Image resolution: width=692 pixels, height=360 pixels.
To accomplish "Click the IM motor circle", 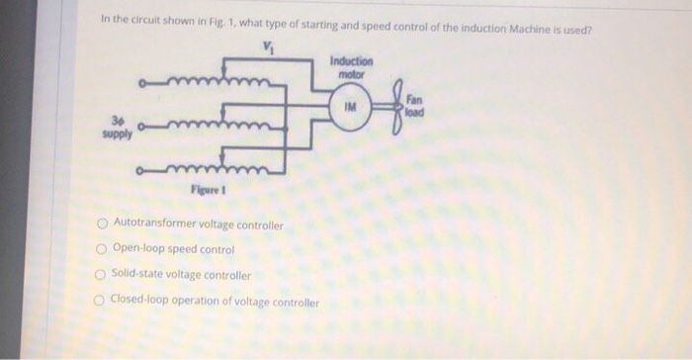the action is click(349, 106).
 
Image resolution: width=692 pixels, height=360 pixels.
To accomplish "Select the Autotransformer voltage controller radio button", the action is click(102, 225).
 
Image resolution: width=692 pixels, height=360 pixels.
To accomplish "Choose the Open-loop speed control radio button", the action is click(101, 249).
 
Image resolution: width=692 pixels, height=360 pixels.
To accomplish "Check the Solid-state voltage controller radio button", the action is click(101, 275).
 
